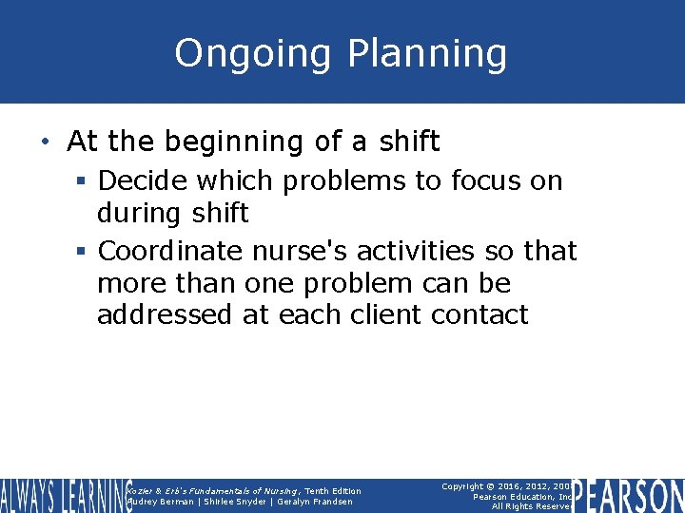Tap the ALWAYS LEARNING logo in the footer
pos(65,496)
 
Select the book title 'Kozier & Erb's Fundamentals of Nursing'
pos(213,491)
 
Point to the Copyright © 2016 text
pos(495,485)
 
